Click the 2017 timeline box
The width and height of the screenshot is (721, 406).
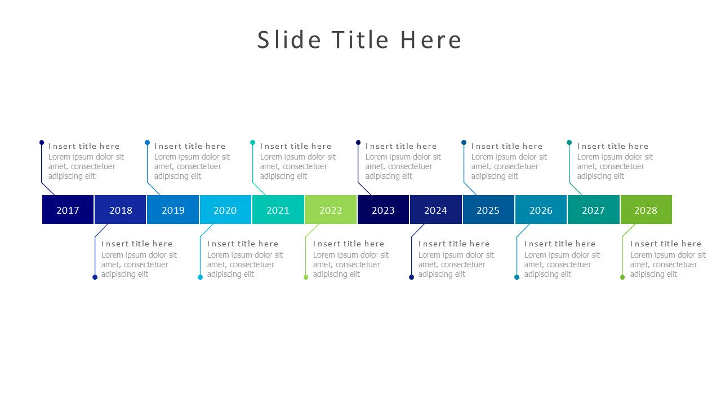click(x=68, y=209)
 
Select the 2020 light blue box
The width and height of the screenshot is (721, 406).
click(x=225, y=209)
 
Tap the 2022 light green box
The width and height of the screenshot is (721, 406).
click(x=331, y=209)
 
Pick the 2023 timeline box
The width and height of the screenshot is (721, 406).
click(x=383, y=209)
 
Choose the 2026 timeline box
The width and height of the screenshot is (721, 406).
click(x=541, y=209)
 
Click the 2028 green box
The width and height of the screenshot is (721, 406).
click(x=646, y=209)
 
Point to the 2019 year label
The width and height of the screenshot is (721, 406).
click(x=173, y=210)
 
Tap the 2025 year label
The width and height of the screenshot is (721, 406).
click(x=488, y=210)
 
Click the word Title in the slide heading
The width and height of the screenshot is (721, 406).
click(x=360, y=39)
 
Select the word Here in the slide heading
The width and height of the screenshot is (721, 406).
click(x=431, y=39)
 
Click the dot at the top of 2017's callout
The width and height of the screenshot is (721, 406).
click(x=42, y=143)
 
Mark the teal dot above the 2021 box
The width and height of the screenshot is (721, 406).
click(x=253, y=143)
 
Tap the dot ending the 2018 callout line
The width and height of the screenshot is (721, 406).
click(x=95, y=277)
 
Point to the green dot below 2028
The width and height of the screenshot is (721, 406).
click(x=622, y=277)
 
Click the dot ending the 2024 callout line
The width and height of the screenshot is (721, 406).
click(x=411, y=277)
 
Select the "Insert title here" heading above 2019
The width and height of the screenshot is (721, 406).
click(x=190, y=146)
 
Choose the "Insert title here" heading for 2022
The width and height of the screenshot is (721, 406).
click(x=349, y=244)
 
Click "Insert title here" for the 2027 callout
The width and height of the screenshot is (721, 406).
click(x=612, y=146)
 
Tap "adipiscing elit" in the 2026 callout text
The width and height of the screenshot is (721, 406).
click(x=548, y=274)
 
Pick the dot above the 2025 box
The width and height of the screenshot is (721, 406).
click(x=464, y=143)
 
